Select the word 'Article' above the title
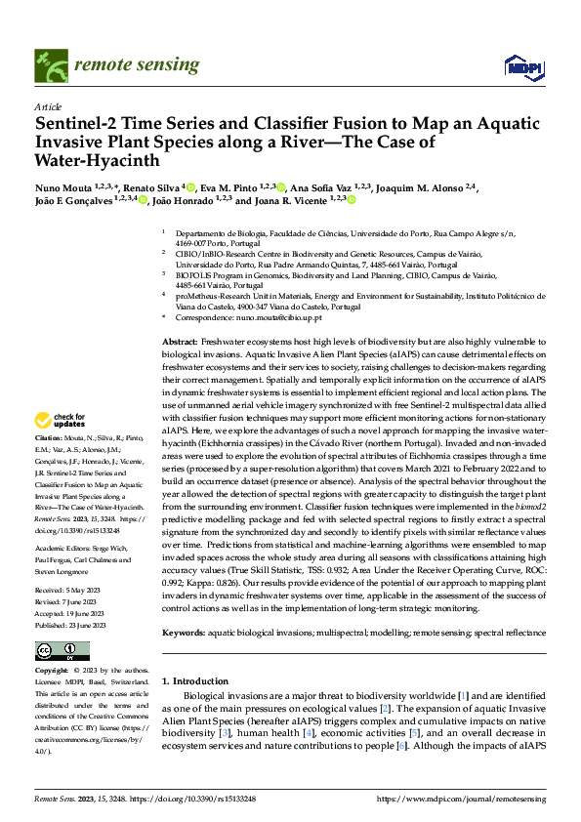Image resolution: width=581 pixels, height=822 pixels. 48,105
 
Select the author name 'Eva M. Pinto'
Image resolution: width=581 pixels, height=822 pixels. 235,188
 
